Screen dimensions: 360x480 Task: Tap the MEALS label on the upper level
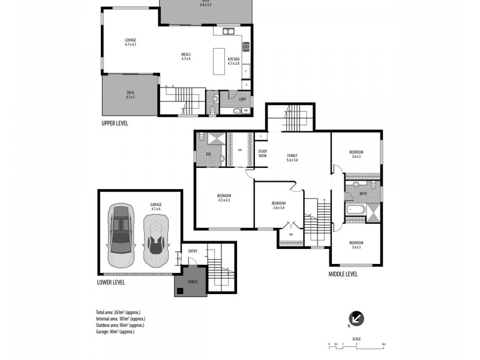click(x=186, y=56)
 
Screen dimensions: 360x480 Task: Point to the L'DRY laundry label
click(x=242, y=100)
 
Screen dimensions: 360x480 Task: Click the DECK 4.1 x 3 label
click(x=130, y=94)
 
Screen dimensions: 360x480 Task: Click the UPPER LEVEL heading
click(x=115, y=123)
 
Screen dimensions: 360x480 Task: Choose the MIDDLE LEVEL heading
click(x=343, y=274)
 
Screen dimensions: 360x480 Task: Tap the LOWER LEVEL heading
click(x=113, y=281)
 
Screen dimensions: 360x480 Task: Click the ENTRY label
click(x=193, y=251)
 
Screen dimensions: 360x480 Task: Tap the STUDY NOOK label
click(x=262, y=154)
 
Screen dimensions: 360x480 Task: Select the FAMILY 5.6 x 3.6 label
click(x=292, y=158)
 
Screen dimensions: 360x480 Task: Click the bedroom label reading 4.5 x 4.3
click(x=223, y=199)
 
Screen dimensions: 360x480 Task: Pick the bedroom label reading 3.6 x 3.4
click(x=279, y=205)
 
